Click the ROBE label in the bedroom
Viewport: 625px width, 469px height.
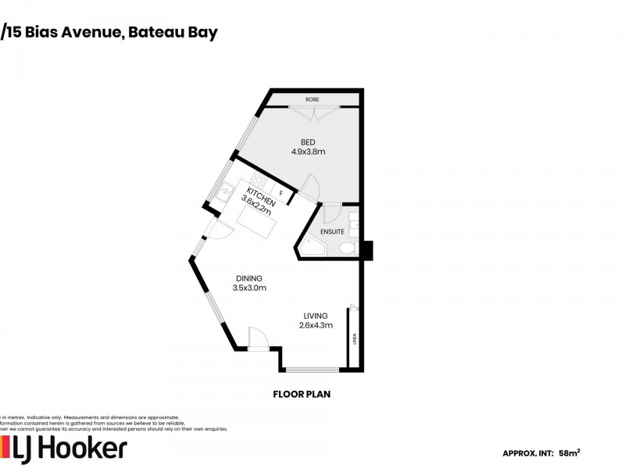coord(312,100)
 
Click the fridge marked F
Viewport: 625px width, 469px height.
coord(280,192)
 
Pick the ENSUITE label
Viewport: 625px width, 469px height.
coord(332,232)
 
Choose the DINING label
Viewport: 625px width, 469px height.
coord(249,278)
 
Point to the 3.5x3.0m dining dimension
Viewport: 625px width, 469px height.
coord(249,288)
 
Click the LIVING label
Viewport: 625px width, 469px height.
coord(316,316)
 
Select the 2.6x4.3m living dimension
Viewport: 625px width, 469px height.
coord(316,326)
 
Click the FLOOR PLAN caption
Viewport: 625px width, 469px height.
coord(302,395)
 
